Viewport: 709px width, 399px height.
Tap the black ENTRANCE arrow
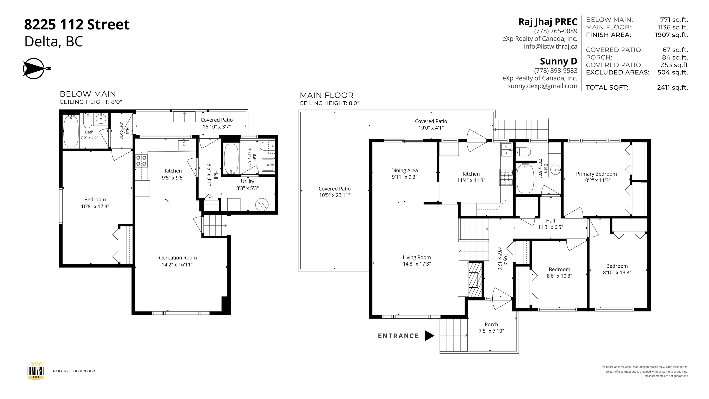429,336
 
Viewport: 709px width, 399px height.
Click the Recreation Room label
177,258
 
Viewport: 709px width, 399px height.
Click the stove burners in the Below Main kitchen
141,161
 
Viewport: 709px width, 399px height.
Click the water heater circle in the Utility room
262,205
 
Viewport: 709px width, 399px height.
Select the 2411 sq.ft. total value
672,88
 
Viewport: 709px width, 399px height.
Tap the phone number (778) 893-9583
556,71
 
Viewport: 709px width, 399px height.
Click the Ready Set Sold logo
36,371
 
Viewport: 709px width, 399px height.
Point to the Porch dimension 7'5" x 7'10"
491,331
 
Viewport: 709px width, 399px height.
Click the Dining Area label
404,171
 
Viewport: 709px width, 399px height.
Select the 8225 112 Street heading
77,24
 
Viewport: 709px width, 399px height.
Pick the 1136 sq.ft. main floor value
673,27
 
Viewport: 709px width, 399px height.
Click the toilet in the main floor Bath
523,152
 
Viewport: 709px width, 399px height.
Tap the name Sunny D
559,61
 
